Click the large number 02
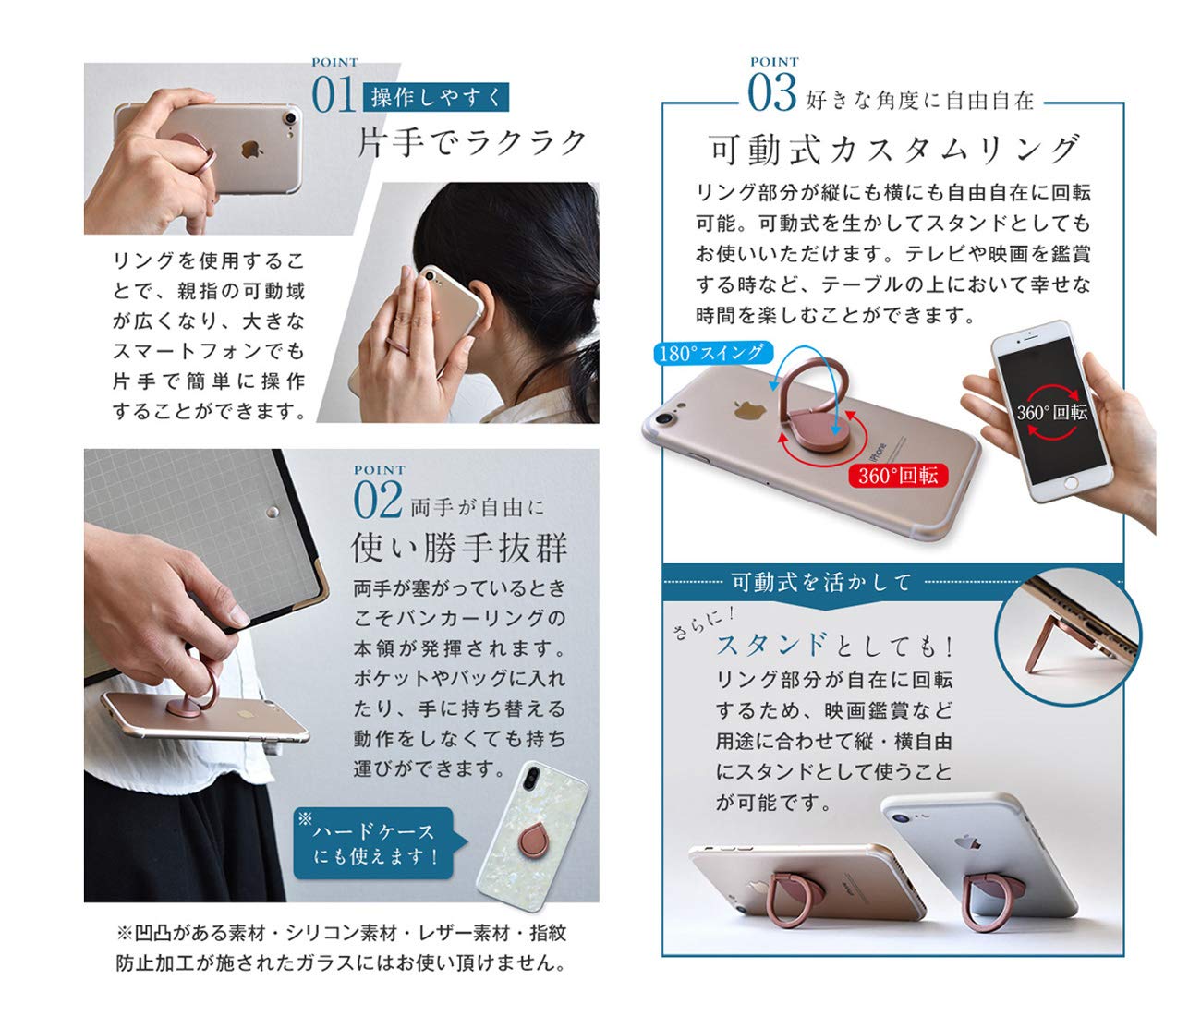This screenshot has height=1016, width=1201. [378, 502]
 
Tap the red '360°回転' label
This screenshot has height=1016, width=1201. [897, 475]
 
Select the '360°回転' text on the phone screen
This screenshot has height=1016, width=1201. [1052, 412]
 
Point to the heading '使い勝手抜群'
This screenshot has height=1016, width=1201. [459, 549]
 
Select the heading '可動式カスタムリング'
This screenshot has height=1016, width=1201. [893, 149]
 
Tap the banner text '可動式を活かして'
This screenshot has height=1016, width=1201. [821, 582]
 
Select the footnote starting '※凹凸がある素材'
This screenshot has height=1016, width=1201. [341, 948]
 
